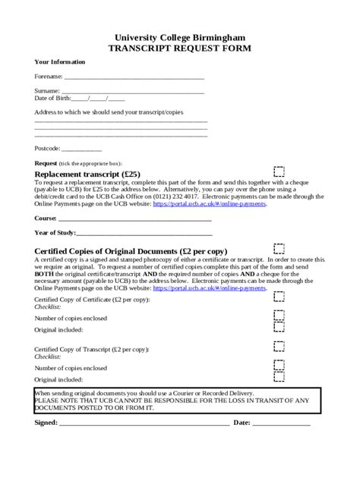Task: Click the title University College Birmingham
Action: [179, 36]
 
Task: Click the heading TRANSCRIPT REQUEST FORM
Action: [179, 47]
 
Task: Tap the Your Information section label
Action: [60, 62]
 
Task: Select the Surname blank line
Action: [133, 92]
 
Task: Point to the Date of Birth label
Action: [52, 98]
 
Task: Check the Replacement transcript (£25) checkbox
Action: [279, 172]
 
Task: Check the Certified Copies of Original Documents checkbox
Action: [279, 249]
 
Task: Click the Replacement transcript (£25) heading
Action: [87, 174]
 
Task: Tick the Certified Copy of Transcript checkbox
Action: [279, 346]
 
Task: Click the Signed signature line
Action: [144, 423]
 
